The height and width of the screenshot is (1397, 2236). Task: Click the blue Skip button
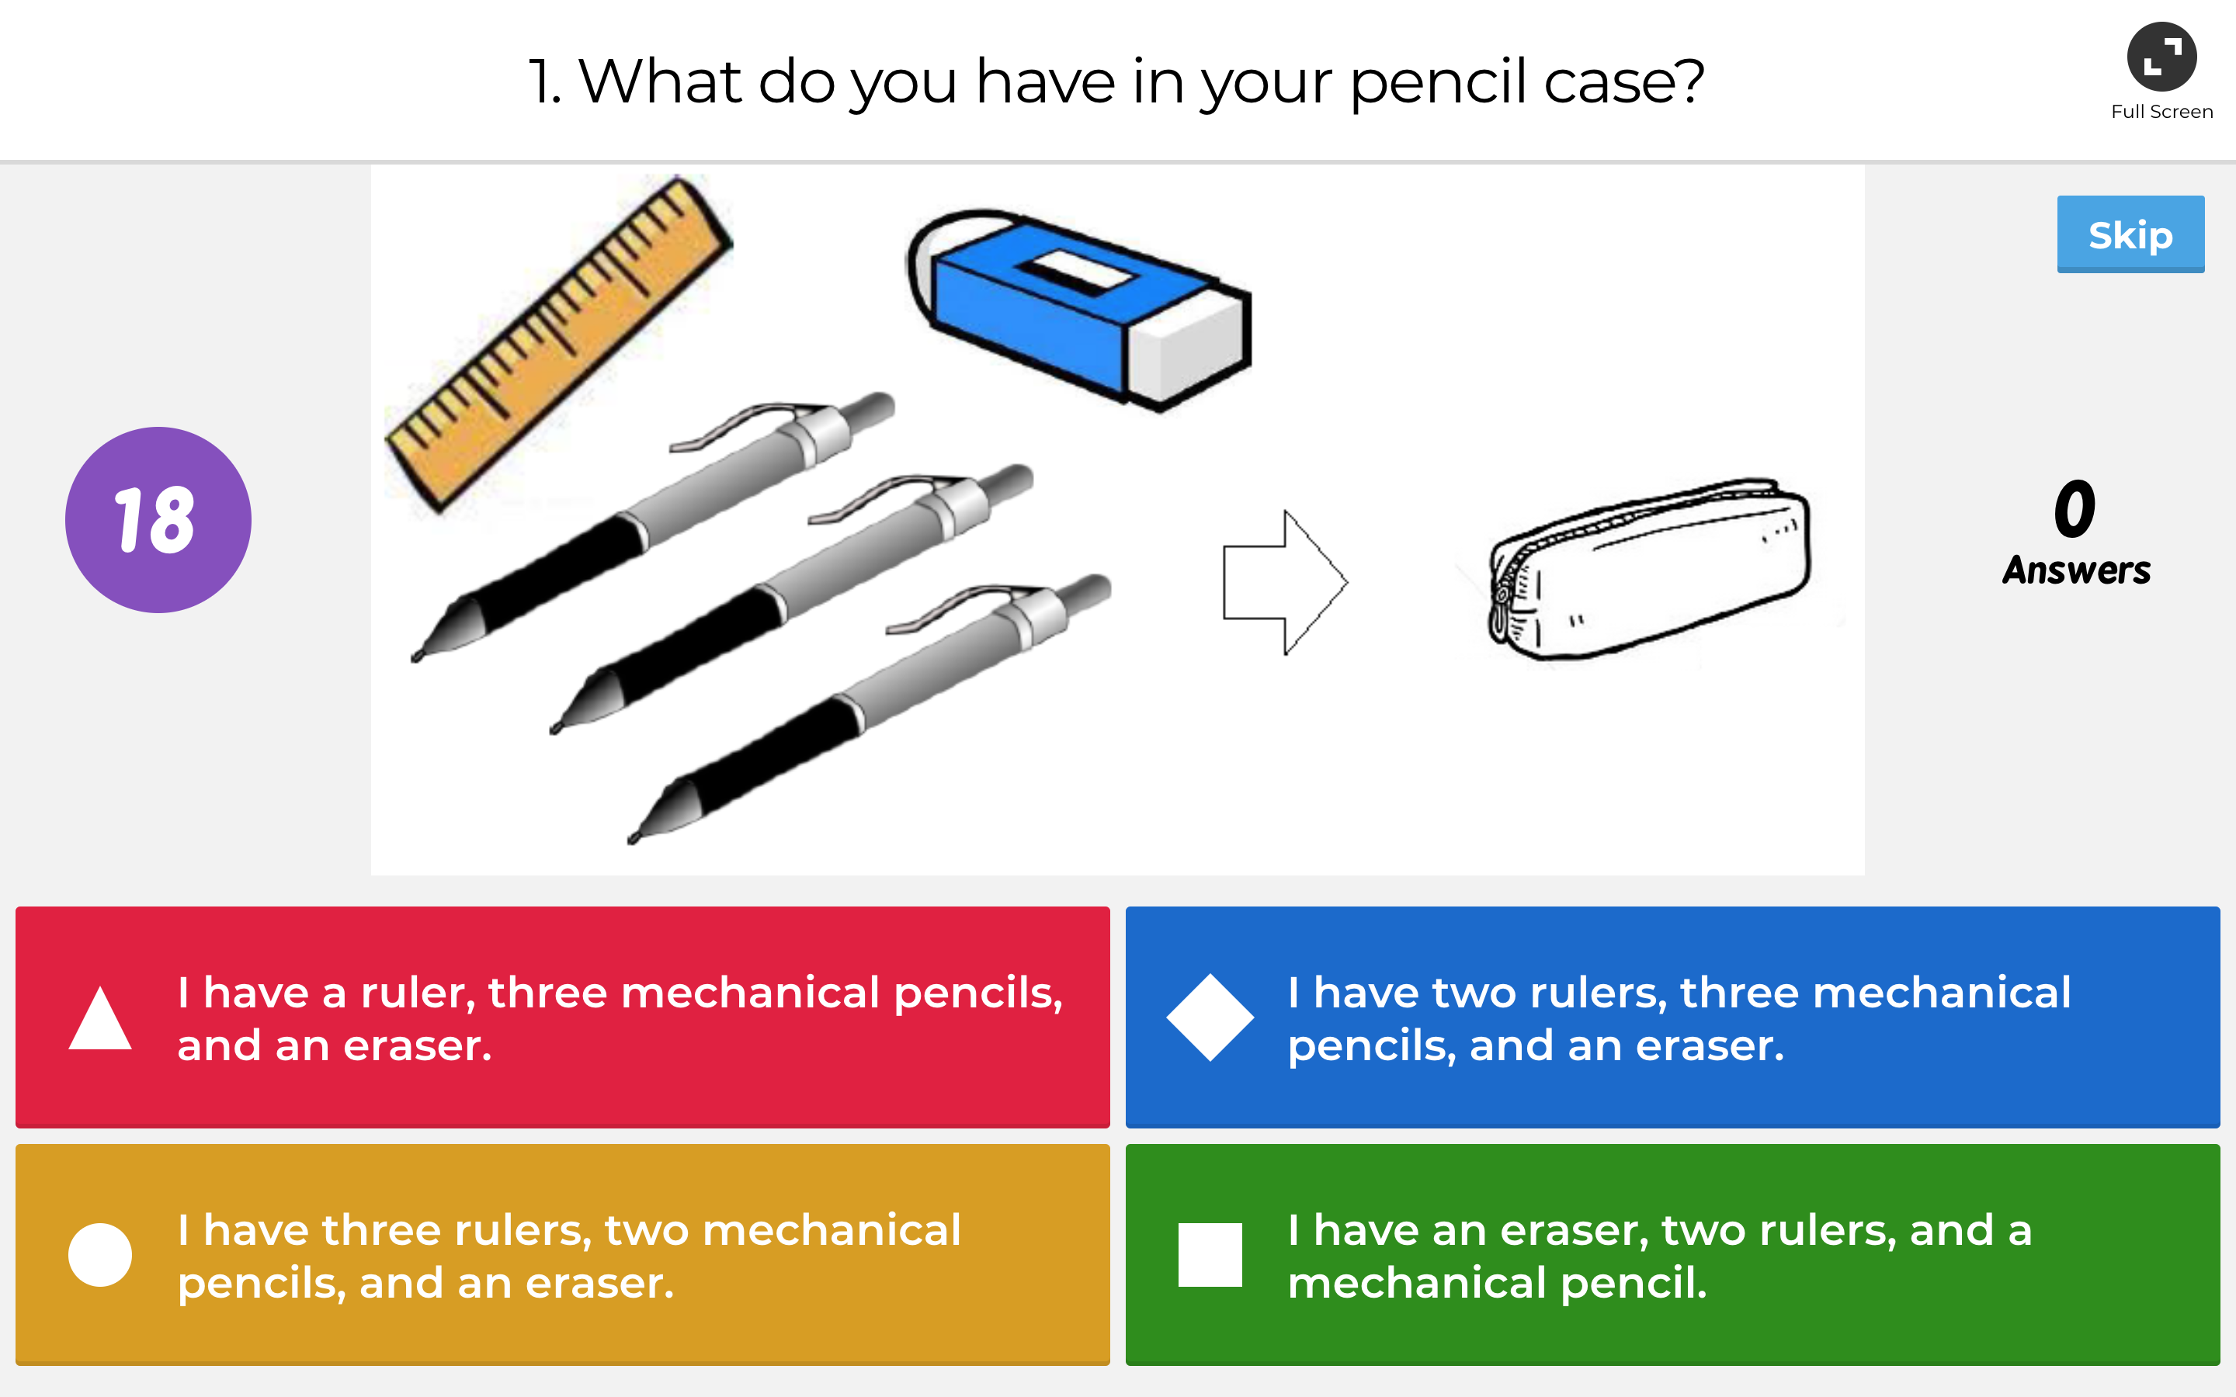click(2130, 234)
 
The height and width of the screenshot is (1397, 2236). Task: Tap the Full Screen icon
click(2161, 57)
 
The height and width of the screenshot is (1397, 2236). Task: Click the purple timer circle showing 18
click(158, 519)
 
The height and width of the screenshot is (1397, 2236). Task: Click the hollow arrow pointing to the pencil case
click(1285, 582)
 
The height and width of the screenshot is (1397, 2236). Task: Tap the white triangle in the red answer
click(100, 1018)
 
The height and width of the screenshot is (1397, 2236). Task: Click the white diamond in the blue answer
click(1210, 1017)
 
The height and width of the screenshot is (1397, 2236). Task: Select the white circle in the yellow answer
click(100, 1255)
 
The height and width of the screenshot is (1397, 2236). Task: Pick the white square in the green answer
click(1210, 1255)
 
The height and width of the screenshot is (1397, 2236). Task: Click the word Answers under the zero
click(2076, 570)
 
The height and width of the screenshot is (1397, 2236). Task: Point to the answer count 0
click(2075, 508)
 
